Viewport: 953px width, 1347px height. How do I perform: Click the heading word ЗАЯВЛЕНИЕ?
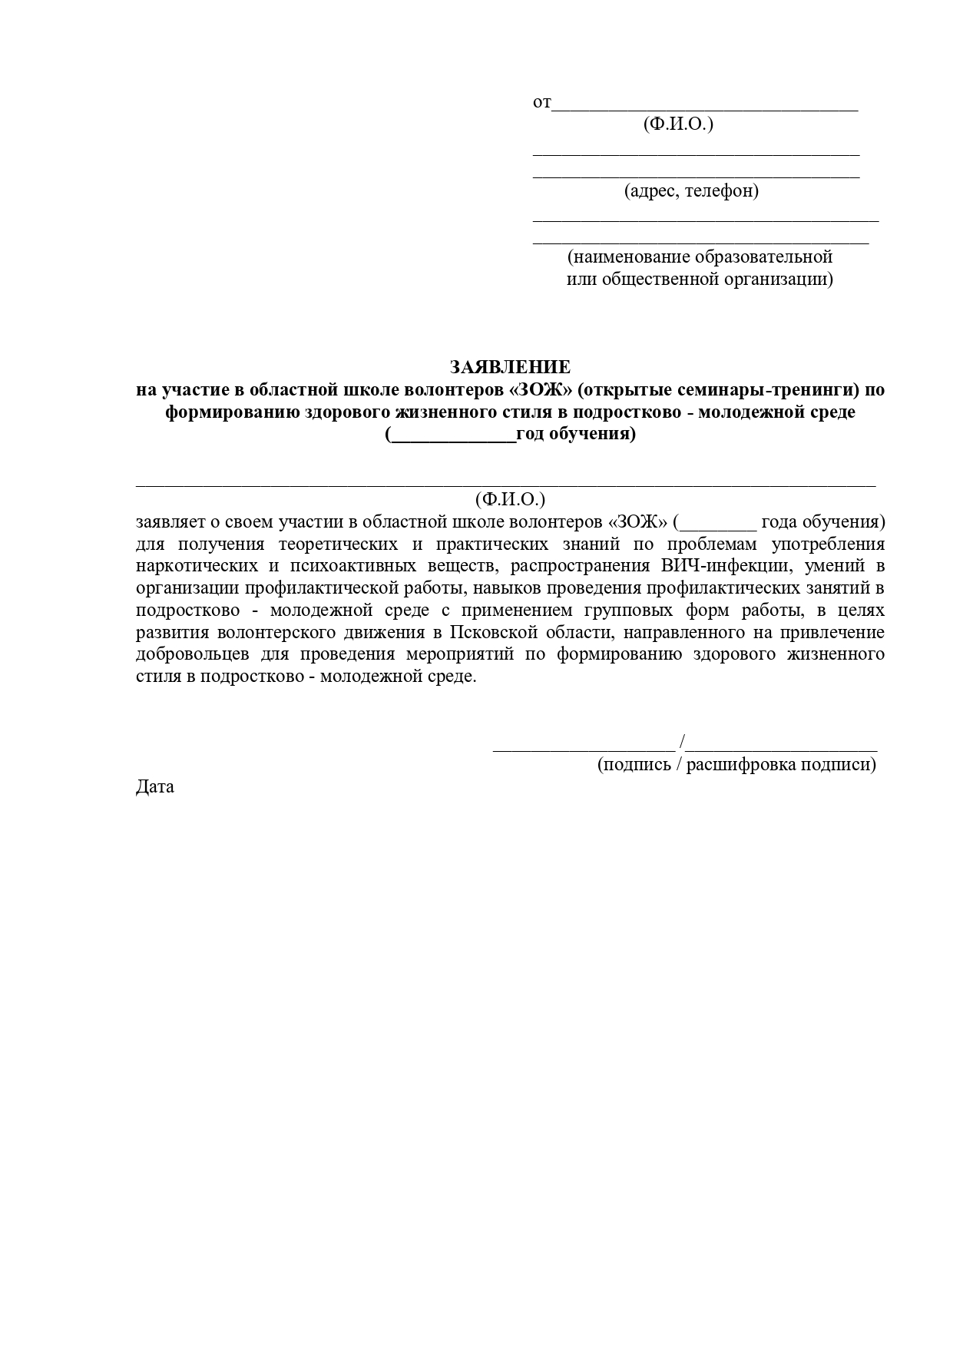click(x=510, y=367)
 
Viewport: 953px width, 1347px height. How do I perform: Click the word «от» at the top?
click(x=541, y=102)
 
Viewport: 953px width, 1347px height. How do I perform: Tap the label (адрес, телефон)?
click(x=691, y=190)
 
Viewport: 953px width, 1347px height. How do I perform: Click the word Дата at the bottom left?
click(x=155, y=786)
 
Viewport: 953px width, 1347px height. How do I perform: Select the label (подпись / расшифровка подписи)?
click(x=736, y=764)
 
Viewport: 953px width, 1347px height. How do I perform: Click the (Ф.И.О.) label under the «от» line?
click(x=678, y=124)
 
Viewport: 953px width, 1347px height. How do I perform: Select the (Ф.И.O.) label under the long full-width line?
click(x=510, y=499)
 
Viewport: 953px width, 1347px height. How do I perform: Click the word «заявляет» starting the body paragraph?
click(x=170, y=522)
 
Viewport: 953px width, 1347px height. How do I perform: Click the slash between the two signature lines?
click(x=683, y=742)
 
